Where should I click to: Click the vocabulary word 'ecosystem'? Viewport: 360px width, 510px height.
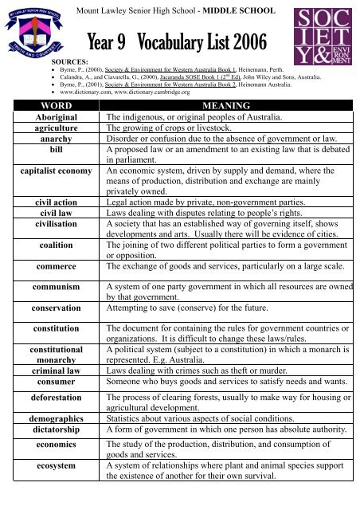pos(51,462)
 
